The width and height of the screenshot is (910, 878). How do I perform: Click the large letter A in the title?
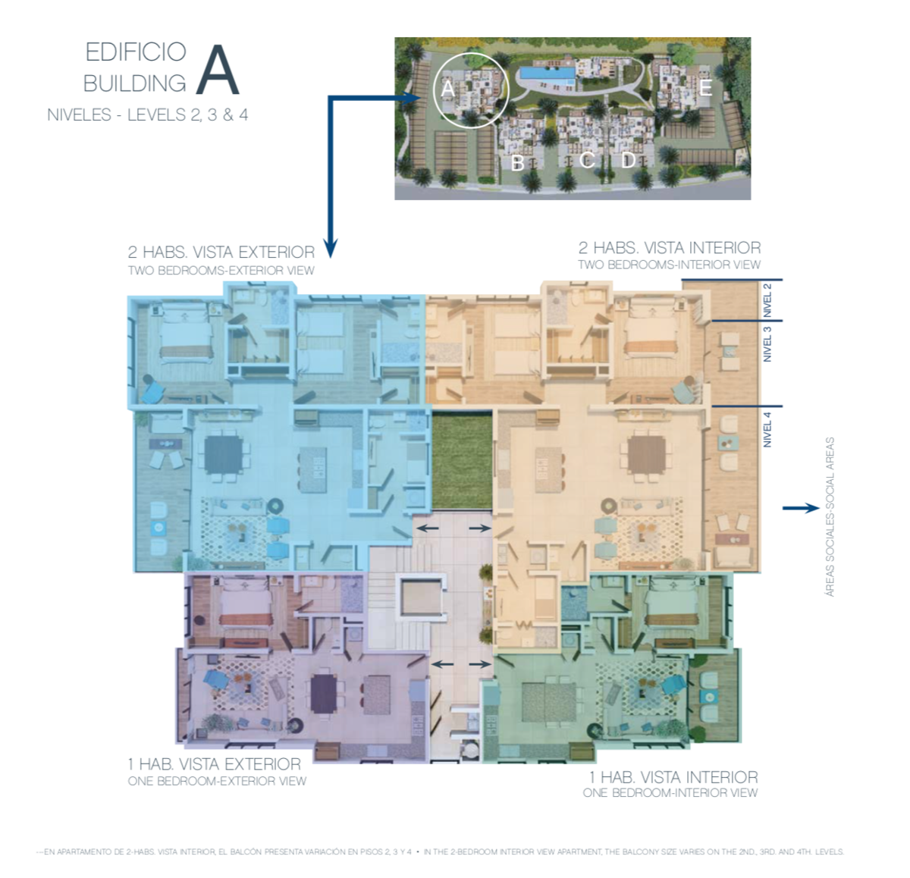(x=218, y=71)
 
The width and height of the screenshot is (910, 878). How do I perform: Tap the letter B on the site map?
(x=517, y=163)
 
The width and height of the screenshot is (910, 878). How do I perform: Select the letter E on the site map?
(x=705, y=87)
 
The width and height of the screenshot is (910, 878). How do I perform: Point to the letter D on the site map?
(x=629, y=160)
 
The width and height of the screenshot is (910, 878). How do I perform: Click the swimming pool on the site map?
(x=547, y=73)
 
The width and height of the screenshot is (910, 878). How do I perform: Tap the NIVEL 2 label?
(x=767, y=300)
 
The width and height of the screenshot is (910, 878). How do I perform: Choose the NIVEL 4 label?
(x=767, y=430)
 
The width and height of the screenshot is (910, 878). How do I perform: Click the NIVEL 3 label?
(x=767, y=343)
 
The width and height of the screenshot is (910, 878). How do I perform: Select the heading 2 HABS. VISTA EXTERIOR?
(x=221, y=252)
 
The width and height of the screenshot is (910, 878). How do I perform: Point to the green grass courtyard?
(x=462, y=459)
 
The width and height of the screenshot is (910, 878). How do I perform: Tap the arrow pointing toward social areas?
(x=801, y=508)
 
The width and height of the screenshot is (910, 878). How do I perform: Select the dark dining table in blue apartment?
(x=224, y=454)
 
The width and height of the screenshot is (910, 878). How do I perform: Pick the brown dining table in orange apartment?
(x=647, y=455)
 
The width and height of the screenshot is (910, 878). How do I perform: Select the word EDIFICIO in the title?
(x=136, y=52)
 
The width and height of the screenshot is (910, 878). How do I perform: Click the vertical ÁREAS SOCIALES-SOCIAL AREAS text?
(x=830, y=516)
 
